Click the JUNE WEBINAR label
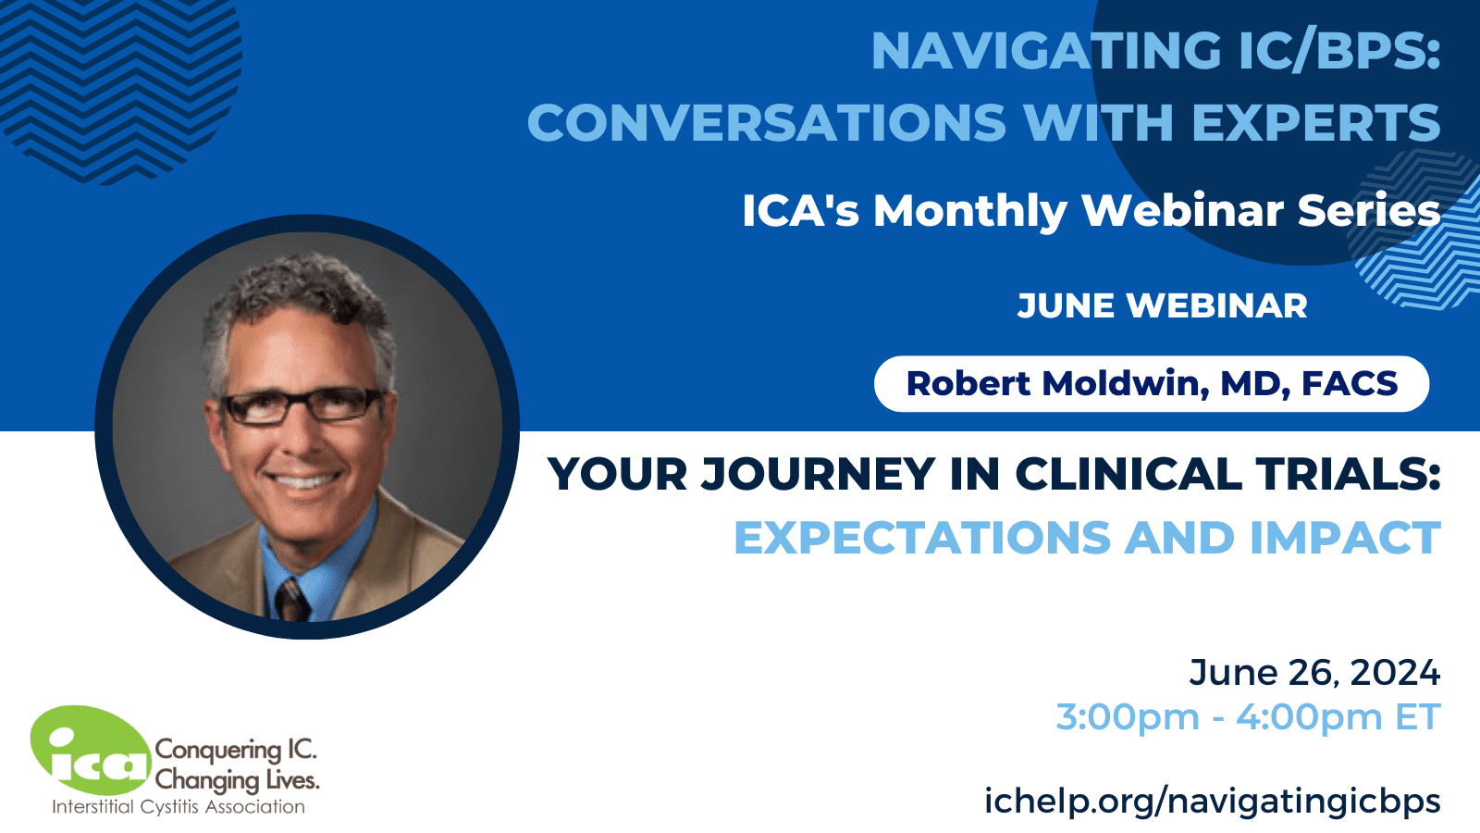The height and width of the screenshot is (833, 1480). [1162, 306]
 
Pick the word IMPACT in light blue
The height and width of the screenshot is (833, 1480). [1345, 539]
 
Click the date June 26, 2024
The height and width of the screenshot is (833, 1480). [1314, 673]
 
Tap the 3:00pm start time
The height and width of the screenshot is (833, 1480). [1127, 717]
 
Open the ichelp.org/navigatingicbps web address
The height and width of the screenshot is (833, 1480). [1212, 801]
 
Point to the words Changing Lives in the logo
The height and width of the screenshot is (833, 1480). [237, 780]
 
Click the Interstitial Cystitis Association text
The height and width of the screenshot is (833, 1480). [178, 807]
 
